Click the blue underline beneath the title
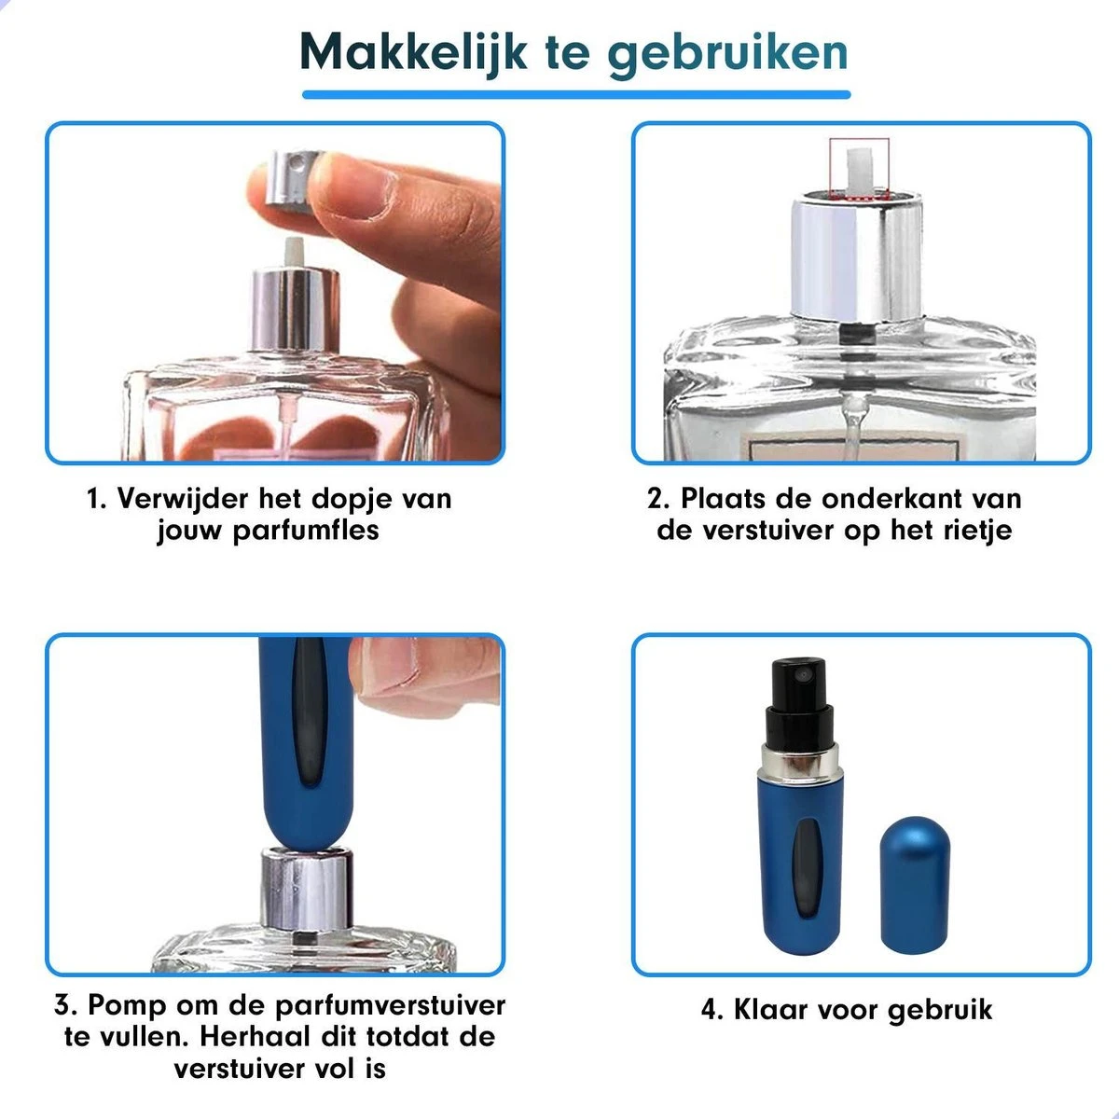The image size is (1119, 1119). pyautogui.click(x=575, y=94)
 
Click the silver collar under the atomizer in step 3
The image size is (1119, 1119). pyautogui.click(x=307, y=886)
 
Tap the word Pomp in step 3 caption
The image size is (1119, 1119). pyautogui.click(x=125, y=1006)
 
